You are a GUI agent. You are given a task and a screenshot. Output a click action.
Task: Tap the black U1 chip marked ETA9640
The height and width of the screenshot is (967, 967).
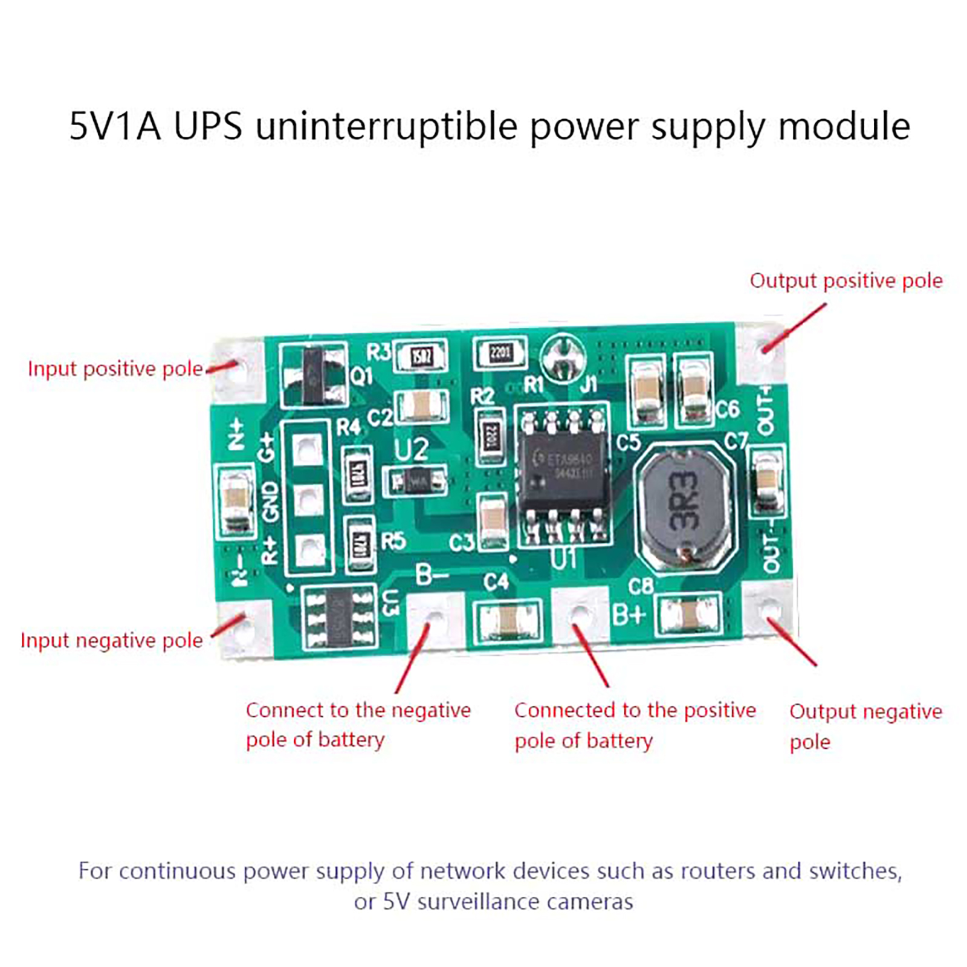tap(563, 470)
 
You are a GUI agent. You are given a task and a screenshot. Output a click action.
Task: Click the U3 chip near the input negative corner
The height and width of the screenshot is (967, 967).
tap(338, 617)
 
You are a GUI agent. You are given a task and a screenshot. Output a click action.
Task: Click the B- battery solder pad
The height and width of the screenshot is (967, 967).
tap(435, 618)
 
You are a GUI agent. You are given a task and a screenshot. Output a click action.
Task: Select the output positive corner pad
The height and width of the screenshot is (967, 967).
tap(763, 351)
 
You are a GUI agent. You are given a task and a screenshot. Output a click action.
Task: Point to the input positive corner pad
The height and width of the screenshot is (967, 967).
tap(238, 366)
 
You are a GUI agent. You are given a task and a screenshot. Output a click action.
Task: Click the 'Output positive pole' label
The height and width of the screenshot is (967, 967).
tap(846, 280)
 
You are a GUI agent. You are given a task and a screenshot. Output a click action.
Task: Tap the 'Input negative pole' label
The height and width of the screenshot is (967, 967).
tap(112, 640)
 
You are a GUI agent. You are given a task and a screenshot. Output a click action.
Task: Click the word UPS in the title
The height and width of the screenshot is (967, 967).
tap(208, 126)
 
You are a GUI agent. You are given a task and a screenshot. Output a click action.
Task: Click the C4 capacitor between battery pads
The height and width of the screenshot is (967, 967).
tap(508, 619)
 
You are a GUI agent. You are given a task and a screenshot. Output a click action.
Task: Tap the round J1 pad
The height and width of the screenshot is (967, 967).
tap(563, 357)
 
